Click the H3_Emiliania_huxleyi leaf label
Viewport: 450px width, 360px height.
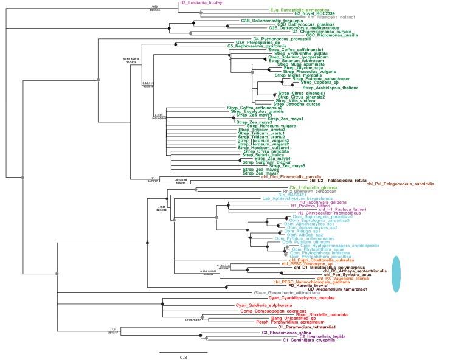pyautogui.click(x=202, y=3)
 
